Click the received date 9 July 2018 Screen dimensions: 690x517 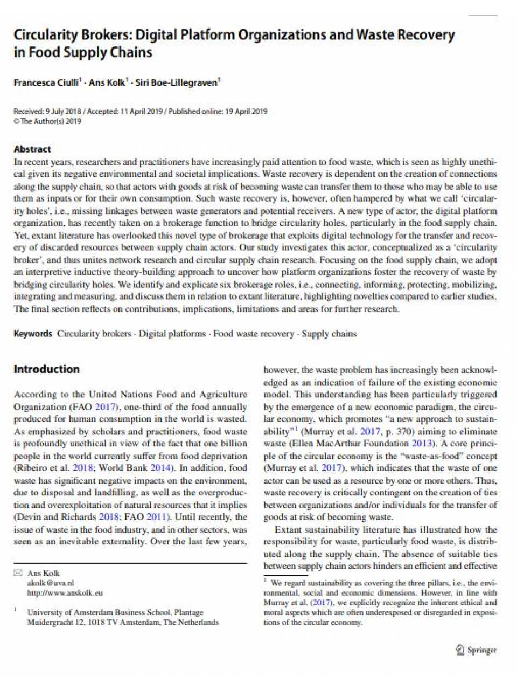(x=63, y=112)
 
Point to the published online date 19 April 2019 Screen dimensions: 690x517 (x=246, y=112)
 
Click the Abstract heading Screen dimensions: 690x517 (x=32, y=149)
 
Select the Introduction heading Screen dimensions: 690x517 (x=46, y=369)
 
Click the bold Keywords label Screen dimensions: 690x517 (x=33, y=334)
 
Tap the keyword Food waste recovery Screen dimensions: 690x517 (x=254, y=334)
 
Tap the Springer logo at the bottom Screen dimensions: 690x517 (x=476, y=650)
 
